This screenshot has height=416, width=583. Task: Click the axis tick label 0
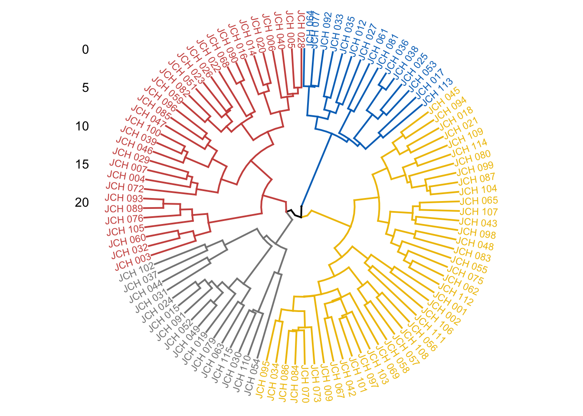point(85,50)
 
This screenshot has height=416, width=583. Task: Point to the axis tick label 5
point(85,88)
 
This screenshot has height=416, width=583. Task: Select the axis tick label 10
point(82,126)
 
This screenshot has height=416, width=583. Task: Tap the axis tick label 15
point(82,164)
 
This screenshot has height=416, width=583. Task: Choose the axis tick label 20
point(82,202)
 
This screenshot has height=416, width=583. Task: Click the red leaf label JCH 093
point(124,198)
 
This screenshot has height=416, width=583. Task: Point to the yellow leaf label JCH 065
point(479,201)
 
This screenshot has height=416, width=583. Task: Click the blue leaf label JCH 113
point(437,91)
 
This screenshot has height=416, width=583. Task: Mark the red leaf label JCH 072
point(125,187)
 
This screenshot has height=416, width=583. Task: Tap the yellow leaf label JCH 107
point(478,212)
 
